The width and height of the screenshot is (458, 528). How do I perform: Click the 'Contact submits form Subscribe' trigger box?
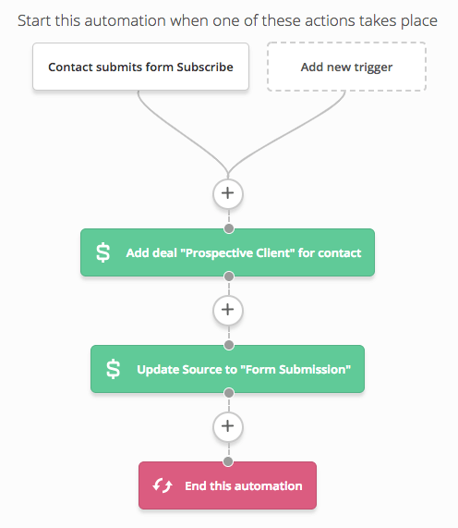(x=140, y=67)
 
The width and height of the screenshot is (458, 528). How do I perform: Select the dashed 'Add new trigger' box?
(x=346, y=67)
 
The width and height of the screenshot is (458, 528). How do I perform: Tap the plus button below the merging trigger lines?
(x=228, y=193)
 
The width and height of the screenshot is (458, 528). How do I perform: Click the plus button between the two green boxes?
(x=228, y=310)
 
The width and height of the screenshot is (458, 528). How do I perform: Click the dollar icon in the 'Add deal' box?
(x=102, y=252)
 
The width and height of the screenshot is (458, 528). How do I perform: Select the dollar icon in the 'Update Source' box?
(x=113, y=369)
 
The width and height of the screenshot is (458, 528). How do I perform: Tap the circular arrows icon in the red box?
(x=163, y=485)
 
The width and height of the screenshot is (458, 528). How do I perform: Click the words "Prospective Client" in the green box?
(x=237, y=252)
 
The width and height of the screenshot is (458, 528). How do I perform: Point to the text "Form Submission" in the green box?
(x=295, y=369)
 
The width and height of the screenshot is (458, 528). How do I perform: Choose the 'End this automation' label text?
(x=244, y=485)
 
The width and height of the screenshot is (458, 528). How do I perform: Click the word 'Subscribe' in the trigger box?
(x=205, y=67)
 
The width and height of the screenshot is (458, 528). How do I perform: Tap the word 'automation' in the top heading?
(x=125, y=21)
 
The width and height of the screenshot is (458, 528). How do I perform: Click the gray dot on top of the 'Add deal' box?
(x=229, y=228)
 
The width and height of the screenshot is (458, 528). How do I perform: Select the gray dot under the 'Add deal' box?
(x=229, y=276)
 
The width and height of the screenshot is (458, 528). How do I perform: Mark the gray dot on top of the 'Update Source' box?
(x=229, y=345)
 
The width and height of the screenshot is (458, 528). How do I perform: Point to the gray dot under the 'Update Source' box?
(x=229, y=393)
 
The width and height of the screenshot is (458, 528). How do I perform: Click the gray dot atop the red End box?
(x=228, y=461)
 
